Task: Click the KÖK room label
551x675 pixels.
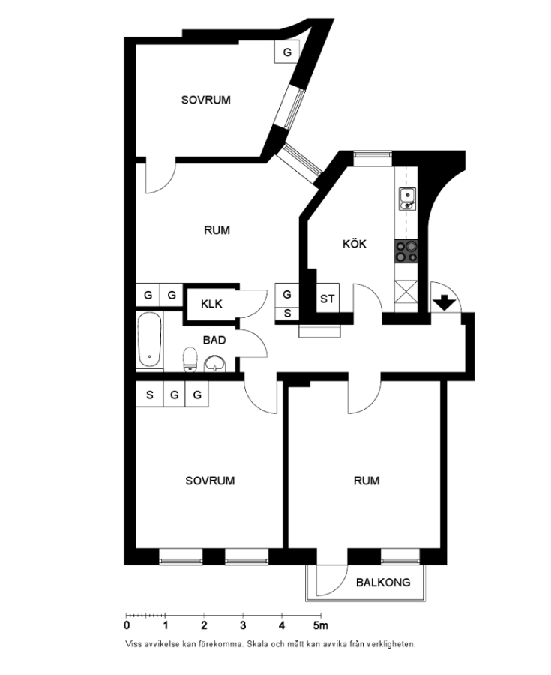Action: [x=355, y=244]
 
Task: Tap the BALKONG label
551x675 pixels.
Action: [x=383, y=582]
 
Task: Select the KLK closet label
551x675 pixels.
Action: [x=212, y=304]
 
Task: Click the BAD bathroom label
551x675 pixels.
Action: [x=214, y=340]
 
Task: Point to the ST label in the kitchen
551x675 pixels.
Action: [x=327, y=298]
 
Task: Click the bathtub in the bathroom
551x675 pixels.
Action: [x=149, y=341]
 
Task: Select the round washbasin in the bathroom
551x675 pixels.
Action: [x=216, y=363]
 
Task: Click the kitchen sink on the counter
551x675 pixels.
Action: [x=407, y=199]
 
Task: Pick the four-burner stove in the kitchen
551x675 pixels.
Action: [x=407, y=250]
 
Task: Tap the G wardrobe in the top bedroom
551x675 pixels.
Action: [x=287, y=52]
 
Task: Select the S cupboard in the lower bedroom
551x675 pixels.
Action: [x=149, y=394]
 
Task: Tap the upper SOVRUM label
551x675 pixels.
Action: [x=205, y=99]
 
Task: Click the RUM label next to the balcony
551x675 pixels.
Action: [x=367, y=481]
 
